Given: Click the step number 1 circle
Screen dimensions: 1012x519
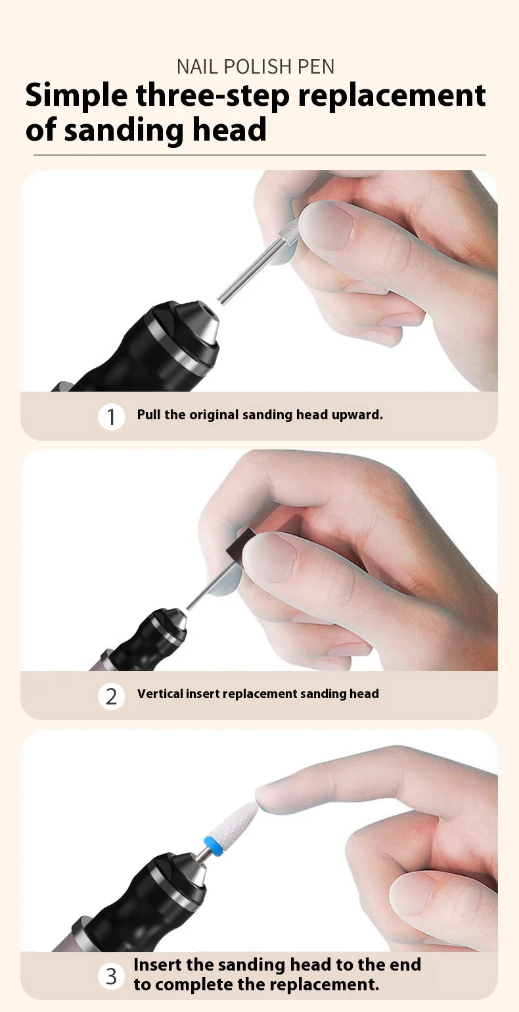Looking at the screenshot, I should tap(112, 417).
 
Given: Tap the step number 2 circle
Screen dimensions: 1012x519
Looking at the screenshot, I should tap(112, 696).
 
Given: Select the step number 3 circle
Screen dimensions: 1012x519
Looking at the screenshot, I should tap(112, 976).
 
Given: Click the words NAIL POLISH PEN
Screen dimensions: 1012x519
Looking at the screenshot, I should tap(256, 66).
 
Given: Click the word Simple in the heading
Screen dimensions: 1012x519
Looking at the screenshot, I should tap(76, 96).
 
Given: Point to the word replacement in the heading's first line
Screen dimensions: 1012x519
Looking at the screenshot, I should tap(392, 96).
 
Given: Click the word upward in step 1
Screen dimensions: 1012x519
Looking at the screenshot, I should tap(359, 415).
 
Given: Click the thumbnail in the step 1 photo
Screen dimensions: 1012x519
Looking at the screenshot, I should tap(327, 225).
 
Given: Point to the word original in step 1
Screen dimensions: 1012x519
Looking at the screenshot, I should tap(214, 415).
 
